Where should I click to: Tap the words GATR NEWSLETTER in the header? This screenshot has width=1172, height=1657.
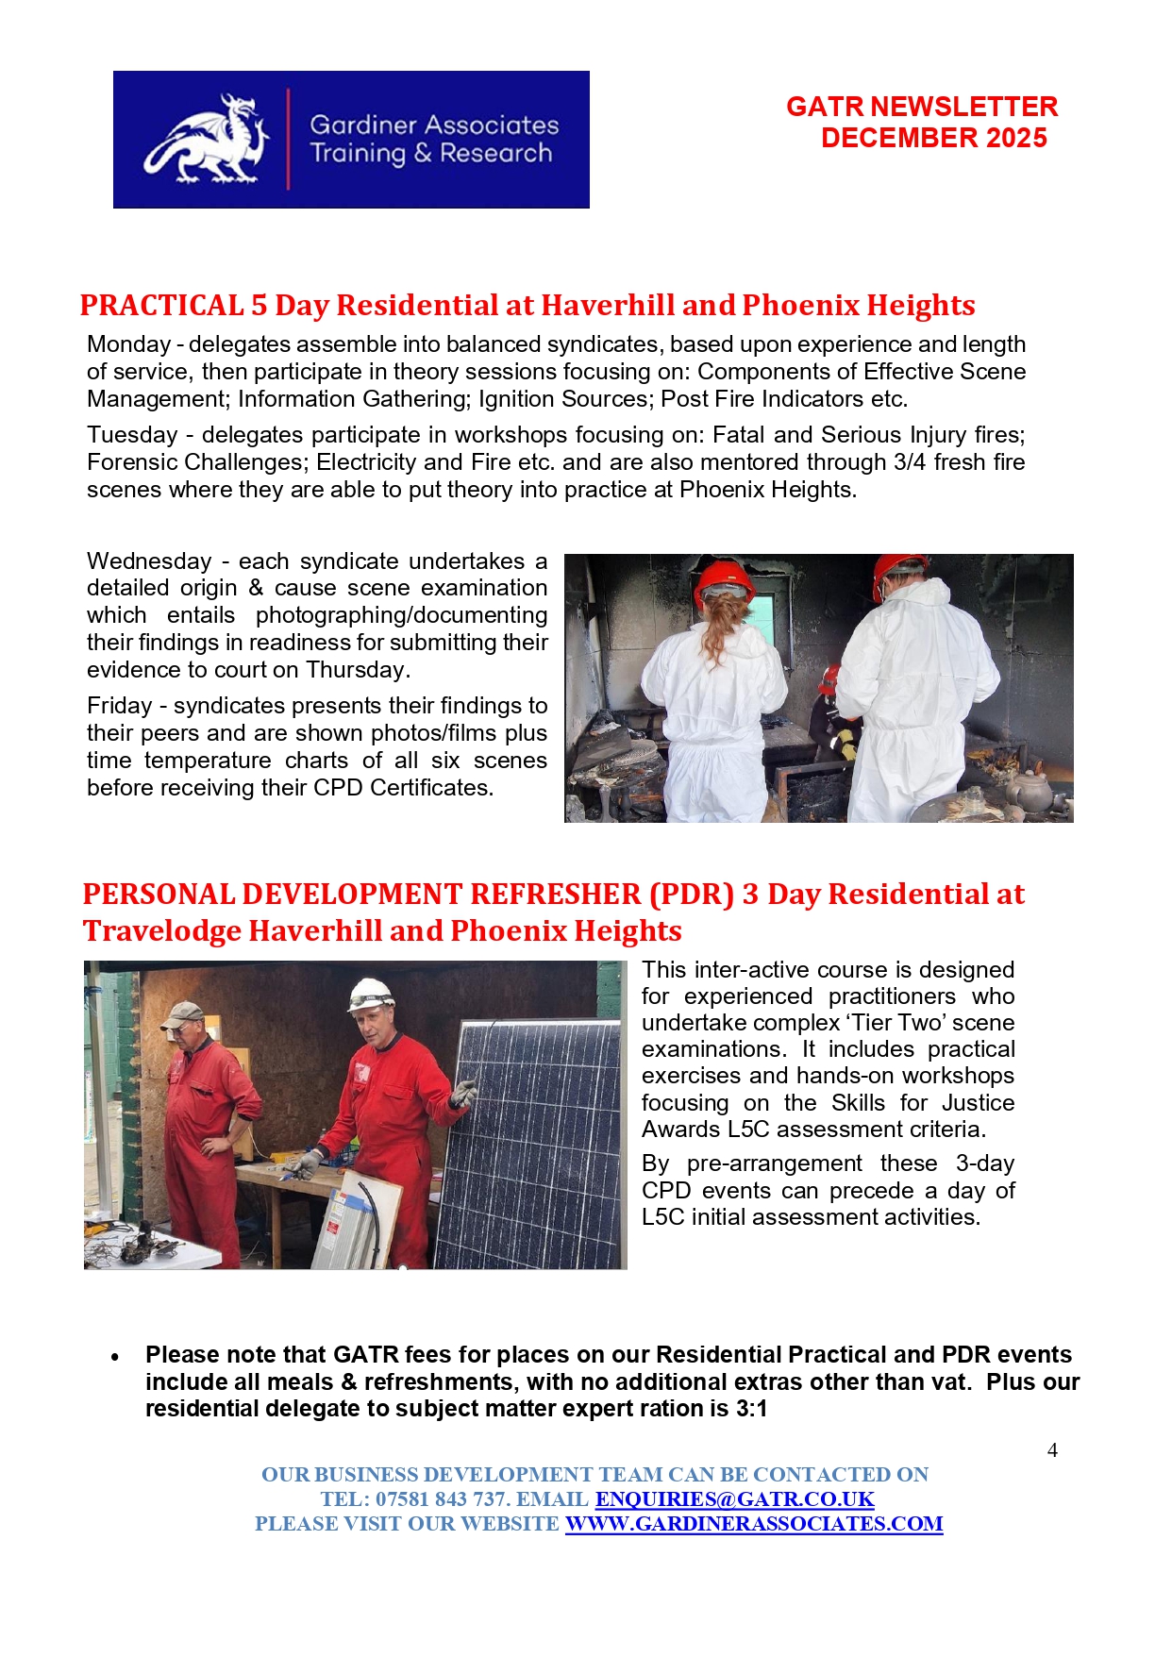pos(921,107)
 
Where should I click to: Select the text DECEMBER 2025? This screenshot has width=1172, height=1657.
pos(933,138)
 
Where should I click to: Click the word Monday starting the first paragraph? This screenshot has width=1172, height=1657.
pos(128,344)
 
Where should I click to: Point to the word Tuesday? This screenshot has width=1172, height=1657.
pos(132,435)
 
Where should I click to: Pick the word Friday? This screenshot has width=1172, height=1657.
pos(119,706)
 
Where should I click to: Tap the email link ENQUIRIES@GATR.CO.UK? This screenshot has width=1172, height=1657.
pos(734,1498)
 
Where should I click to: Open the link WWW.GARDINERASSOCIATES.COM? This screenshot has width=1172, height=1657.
pos(753,1523)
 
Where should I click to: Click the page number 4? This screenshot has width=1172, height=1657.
pos(1052,1450)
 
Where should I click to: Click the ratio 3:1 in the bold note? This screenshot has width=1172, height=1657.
pos(751,1409)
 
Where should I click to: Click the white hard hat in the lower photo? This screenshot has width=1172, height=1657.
pos(371,993)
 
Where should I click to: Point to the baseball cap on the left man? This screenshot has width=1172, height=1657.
pos(181,1013)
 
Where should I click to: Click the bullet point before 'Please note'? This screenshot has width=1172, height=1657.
pos(115,1357)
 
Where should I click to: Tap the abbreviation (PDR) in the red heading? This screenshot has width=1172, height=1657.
pos(691,895)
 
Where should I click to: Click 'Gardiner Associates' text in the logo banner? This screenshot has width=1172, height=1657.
pos(434,125)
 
